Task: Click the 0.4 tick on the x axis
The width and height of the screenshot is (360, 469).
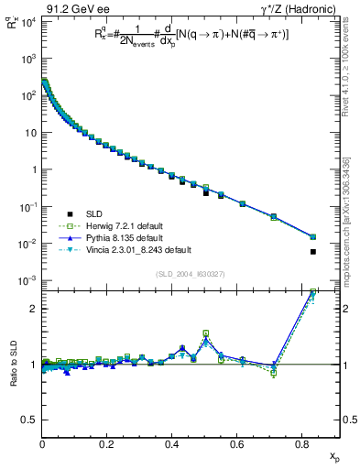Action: click(x=172, y=445)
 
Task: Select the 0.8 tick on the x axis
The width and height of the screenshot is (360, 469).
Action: click(x=302, y=445)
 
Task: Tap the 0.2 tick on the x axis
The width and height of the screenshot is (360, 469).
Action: click(x=107, y=445)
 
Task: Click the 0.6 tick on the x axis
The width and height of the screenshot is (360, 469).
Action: click(x=237, y=445)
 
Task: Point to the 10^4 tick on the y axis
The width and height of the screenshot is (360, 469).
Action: click(x=27, y=21)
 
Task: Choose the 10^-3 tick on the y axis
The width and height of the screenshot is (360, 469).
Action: click(x=27, y=280)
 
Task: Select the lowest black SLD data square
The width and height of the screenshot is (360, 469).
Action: click(x=313, y=252)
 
